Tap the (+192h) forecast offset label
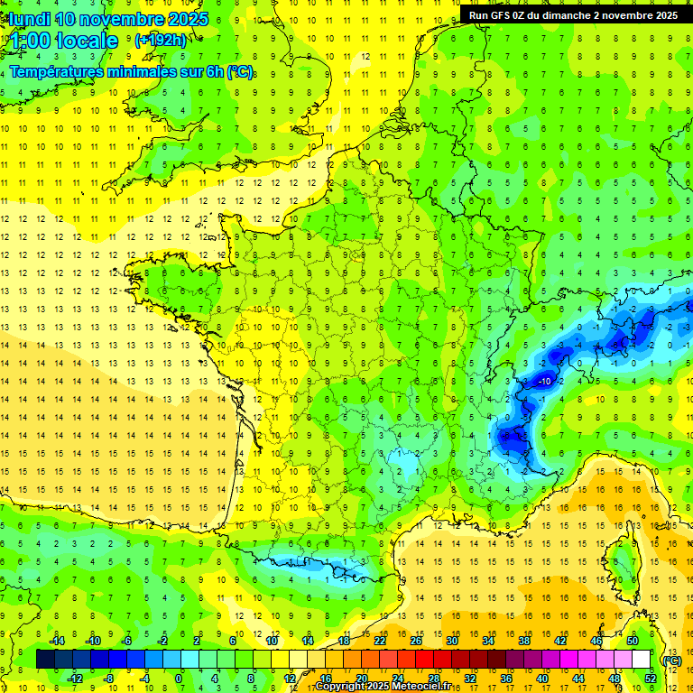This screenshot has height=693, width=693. [161, 40]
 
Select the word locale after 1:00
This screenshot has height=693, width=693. [87, 41]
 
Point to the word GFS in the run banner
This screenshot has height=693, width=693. [501, 15]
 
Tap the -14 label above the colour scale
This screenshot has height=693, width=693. [57, 640]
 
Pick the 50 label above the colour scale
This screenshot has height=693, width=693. [632, 640]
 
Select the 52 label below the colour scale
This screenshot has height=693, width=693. [650, 678]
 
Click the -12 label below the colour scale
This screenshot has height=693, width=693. [75, 678]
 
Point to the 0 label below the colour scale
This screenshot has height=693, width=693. [179, 678]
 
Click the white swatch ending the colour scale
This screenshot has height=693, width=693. [641, 659]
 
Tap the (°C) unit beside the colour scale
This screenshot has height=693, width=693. [671, 660]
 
